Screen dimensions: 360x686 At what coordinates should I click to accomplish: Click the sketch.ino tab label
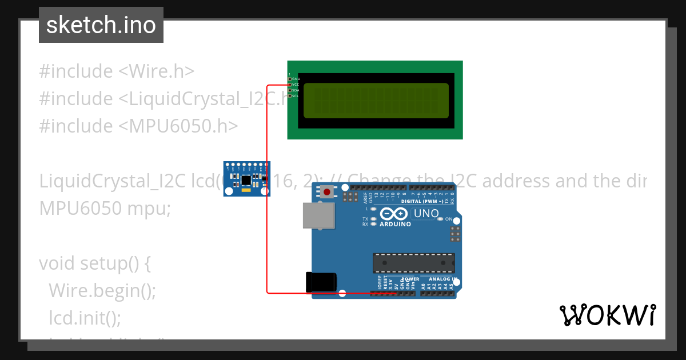[101, 25]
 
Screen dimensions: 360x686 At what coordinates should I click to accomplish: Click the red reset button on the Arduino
[327, 191]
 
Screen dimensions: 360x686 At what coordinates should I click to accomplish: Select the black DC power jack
[321, 282]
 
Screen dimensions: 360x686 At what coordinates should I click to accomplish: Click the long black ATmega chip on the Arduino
[413, 262]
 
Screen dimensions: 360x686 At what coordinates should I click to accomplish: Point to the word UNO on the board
[426, 214]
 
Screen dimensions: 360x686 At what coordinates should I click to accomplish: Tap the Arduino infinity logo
[394, 214]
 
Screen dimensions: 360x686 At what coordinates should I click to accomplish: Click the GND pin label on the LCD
[296, 79]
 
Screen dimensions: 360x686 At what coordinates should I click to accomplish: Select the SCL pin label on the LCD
[296, 96]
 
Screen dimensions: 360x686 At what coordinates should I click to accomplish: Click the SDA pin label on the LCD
[296, 90]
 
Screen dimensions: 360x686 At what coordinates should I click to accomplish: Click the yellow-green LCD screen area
[376, 101]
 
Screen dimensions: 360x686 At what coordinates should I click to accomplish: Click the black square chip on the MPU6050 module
[246, 180]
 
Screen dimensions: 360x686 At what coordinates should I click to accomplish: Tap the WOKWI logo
[607, 315]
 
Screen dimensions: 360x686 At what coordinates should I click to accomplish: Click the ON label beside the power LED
[449, 219]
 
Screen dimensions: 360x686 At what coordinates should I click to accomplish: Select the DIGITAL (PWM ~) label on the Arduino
[422, 201]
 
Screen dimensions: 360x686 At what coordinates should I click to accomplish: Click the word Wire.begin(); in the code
[102, 291]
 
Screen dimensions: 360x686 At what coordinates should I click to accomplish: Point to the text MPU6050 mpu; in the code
[105, 209]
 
